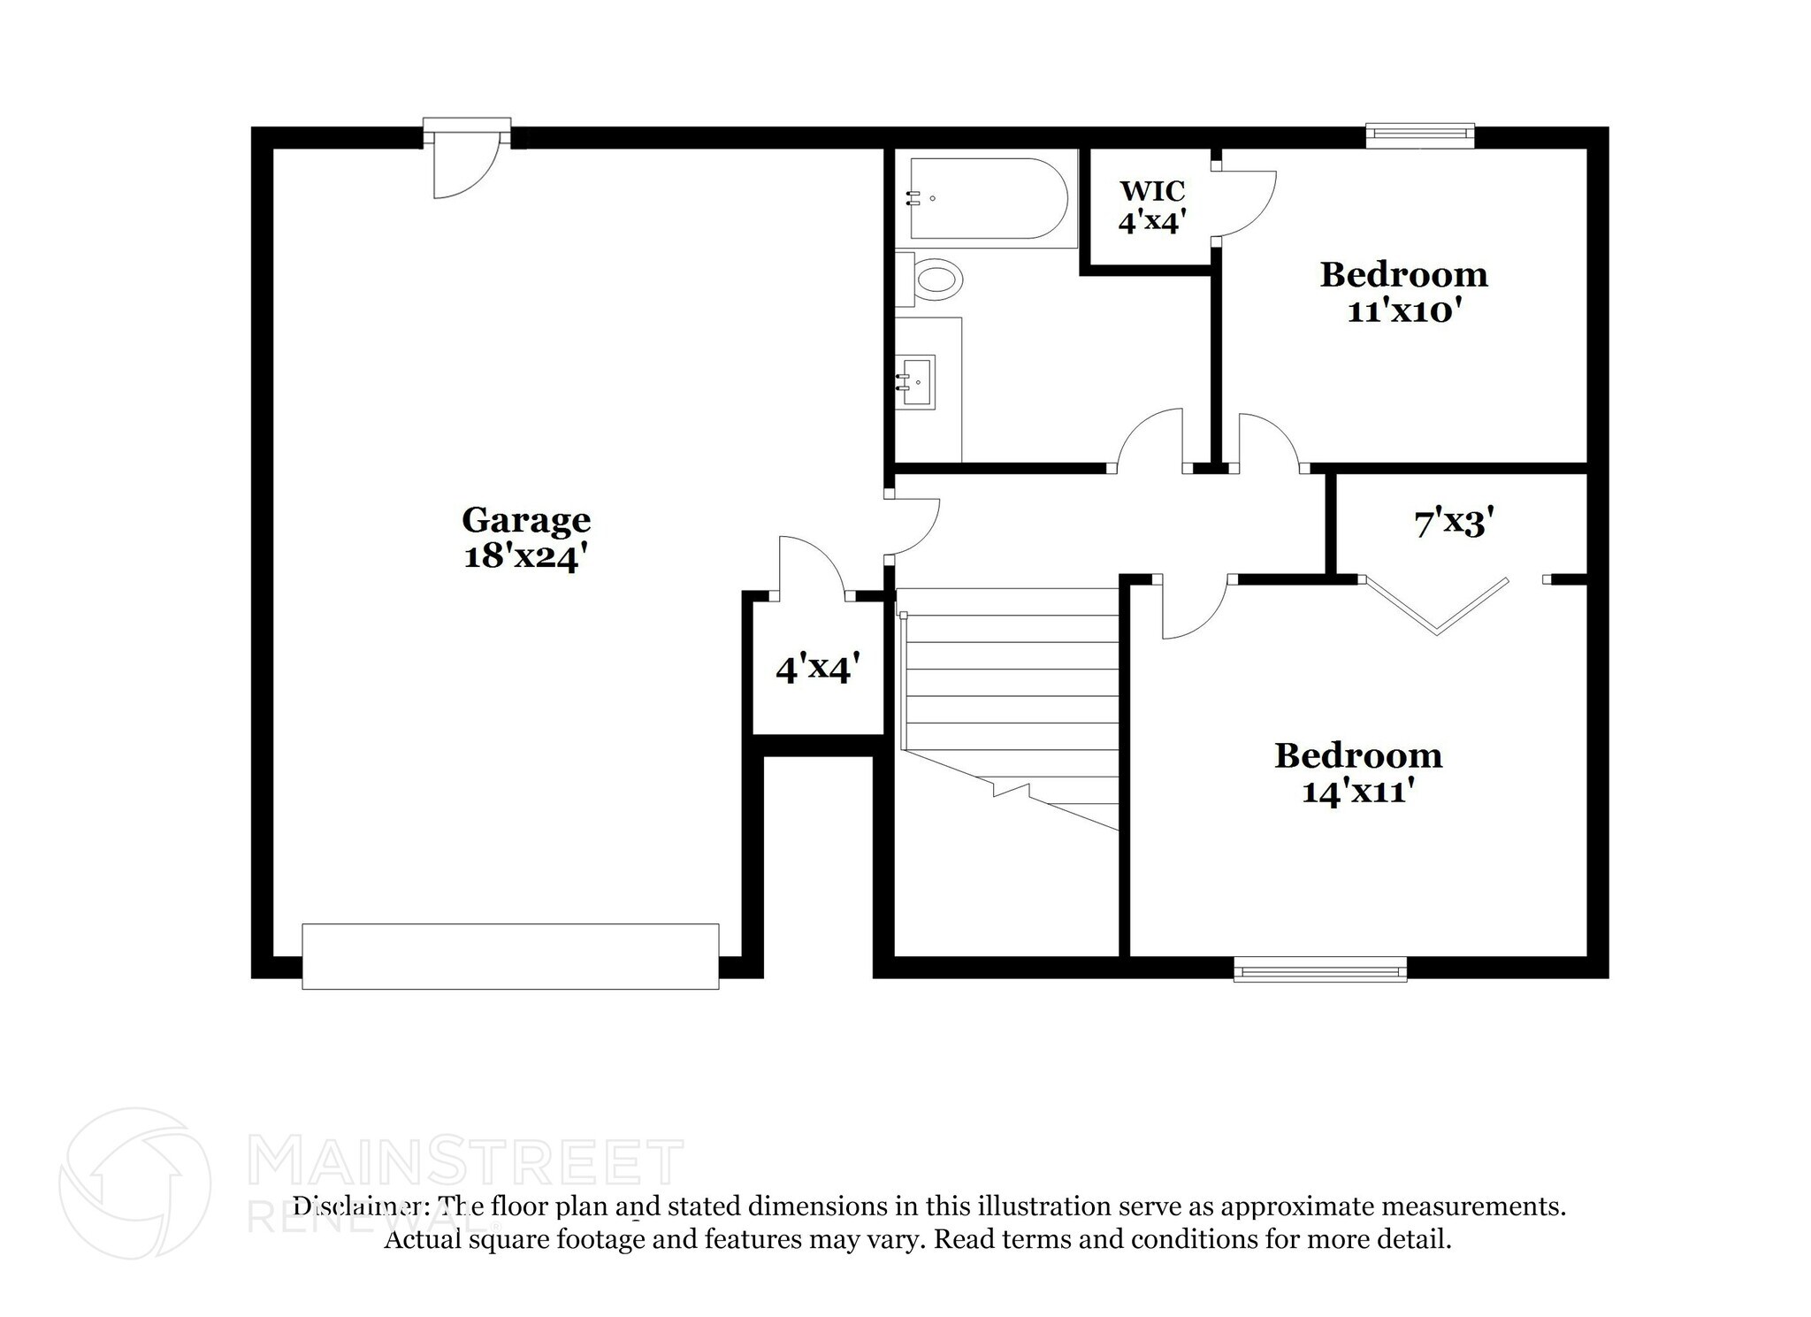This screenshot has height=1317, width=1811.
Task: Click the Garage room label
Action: [525, 520]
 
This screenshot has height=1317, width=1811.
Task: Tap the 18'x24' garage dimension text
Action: [525, 557]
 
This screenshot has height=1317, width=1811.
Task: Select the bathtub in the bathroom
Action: [985, 199]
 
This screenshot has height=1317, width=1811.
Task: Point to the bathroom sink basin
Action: [918, 381]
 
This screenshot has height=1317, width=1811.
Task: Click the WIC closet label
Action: [1151, 191]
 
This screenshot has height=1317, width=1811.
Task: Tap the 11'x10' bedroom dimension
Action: [1402, 311]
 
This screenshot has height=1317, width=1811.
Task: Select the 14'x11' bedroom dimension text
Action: [1357, 791]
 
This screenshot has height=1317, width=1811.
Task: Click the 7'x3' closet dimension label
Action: [1454, 524]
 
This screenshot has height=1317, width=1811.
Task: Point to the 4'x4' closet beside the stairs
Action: [816, 669]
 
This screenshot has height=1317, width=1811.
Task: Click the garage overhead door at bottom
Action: [510, 956]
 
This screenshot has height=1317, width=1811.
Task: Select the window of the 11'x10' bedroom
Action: [1419, 134]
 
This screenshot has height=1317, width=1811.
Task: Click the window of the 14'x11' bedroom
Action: [1319, 971]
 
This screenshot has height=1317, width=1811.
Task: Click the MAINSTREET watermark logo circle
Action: [134, 1183]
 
